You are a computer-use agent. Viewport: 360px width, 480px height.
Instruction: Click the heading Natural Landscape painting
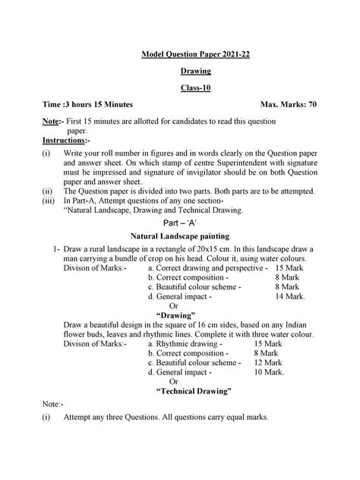click(x=186, y=238)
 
